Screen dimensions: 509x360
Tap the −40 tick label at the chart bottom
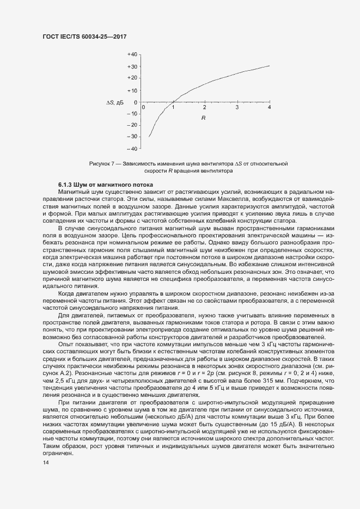(131, 148)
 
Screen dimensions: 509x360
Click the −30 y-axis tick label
(131, 137)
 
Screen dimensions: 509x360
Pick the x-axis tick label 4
(270, 108)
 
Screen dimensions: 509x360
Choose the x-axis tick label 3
(237, 108)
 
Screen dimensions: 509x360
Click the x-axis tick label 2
(205, 108)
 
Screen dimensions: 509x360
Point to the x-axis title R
(203, 118)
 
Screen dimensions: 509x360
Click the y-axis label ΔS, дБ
(115, 102)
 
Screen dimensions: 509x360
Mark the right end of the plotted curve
(270, 66)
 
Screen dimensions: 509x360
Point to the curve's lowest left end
(149, 137)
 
